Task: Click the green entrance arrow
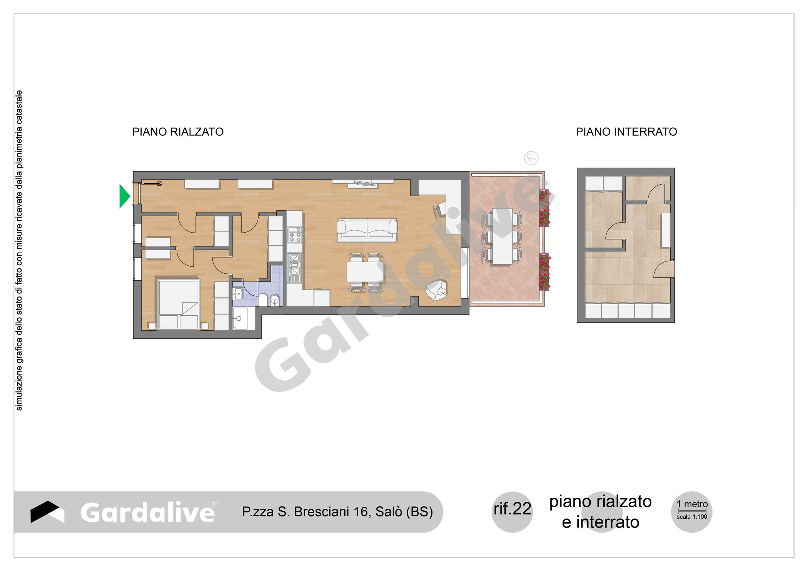[124, 196]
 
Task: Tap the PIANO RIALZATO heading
[178, 132]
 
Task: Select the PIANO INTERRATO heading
[626, 132]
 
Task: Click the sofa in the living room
[367, 230]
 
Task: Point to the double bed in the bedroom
[179, 304]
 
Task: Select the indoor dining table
[365, 272]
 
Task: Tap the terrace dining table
[502, 236]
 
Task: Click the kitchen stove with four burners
[295, 235]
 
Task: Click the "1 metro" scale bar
[692, 511]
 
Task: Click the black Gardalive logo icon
[47, 512]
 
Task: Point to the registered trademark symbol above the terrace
[531, 158]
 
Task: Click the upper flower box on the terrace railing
[544, 208]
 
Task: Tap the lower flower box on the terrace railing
[544, 271]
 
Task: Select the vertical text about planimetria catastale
[19, 250]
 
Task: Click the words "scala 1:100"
[692, 517]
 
